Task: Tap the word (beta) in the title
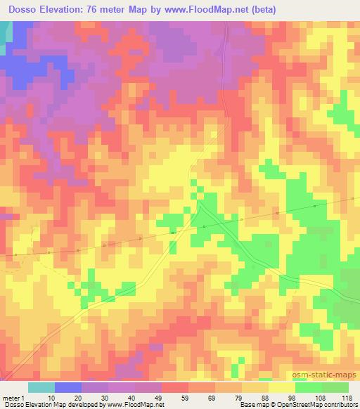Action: click(259, 9)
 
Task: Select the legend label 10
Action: click(51, 397)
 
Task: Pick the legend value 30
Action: click(105, 397)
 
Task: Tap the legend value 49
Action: click(160, 397)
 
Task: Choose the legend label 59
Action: click(186, 397)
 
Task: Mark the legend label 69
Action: click(213, 397)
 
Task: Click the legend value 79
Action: click(240, 397)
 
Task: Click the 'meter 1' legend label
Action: click(13, 397)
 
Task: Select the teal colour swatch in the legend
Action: click(41, 387)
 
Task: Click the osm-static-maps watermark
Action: click(326, 376)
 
